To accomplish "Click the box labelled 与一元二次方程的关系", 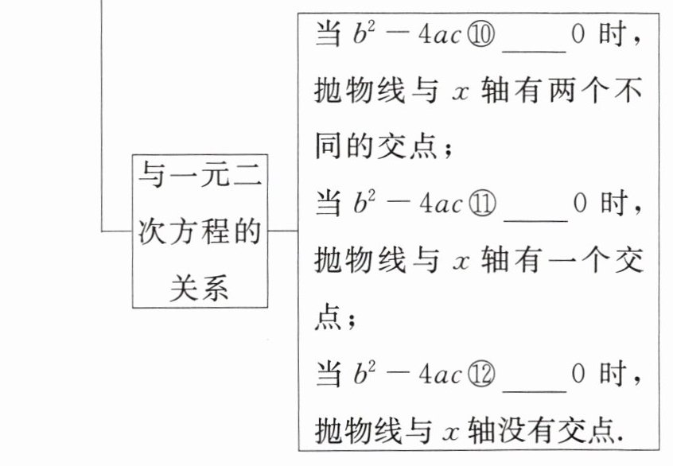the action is (x=200, y=231).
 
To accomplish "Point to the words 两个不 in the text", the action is (x=589, y=92).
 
